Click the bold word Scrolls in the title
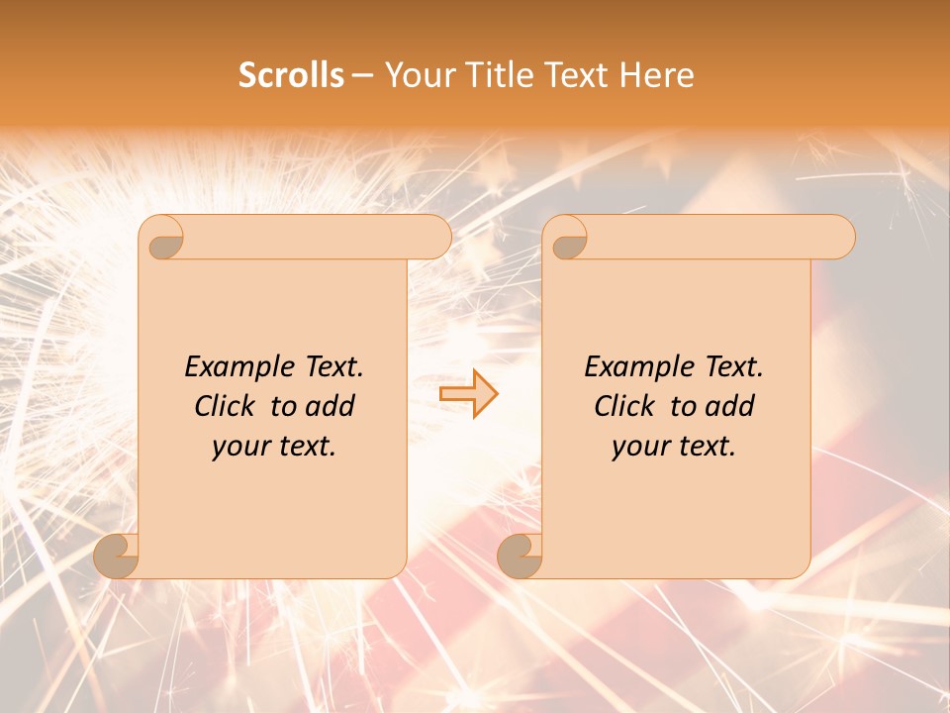291,75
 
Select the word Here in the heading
656,75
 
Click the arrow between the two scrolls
468,393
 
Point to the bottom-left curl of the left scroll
116,556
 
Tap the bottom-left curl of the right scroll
520,556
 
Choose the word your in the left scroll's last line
240,447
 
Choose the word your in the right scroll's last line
640,447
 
